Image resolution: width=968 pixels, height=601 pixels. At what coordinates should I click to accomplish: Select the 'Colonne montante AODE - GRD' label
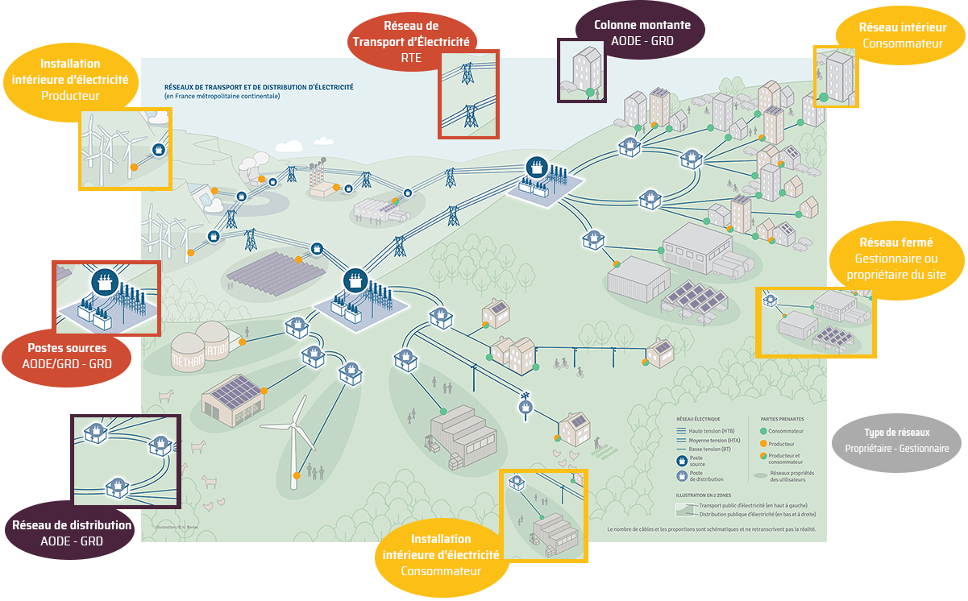(642, 32)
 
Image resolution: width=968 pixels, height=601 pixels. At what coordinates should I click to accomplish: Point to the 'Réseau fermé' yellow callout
(895, 259)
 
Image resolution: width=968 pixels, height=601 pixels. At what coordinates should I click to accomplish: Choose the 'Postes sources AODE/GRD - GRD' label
(67, 356)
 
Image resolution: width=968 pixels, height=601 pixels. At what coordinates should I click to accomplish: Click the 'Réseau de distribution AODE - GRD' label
(72, 533)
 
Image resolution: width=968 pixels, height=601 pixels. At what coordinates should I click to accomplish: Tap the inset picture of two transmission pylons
(468, 93)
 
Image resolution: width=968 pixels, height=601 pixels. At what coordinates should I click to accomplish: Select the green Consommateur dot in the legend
(763, 432)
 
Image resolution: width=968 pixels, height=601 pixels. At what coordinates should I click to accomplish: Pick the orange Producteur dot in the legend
(763, 444)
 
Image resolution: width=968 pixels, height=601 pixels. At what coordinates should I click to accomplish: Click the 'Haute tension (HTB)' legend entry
(705, 432)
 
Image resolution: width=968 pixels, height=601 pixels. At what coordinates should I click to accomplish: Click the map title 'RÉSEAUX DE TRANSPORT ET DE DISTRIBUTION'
(258, 86)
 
